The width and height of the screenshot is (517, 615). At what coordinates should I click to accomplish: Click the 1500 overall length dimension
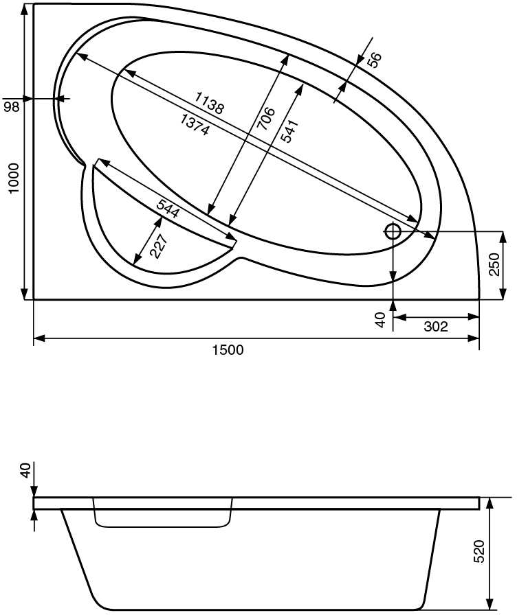pyautogui.click(x=228, y=349)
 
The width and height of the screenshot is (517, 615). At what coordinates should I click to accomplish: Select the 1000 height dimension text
pyautogui.click(x=14, y=178)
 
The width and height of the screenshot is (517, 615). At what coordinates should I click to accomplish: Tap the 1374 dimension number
pyautogui.click(x=195, y=125)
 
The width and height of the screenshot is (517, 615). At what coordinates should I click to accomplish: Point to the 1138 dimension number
pyautogui.click(x=210, y=103)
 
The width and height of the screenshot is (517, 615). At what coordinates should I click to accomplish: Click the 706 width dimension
pyautogui.click(x=266, y=119)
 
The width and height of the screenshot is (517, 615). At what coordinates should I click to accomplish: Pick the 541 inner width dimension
pyautogui.click(x=291, y=132)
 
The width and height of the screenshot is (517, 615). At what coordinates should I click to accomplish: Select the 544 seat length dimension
pyautogui.click(x=168, y=208)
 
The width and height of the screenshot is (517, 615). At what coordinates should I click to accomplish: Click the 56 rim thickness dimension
pyautogui.click(x=375, y=60)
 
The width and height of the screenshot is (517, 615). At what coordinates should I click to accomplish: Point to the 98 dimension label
pyautogui.click(x=12, y=106)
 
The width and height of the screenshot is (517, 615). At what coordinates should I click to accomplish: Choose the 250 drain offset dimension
pyautogui.click(x=494, y=264)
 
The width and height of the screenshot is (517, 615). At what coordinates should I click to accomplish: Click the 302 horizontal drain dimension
pyautogui.click(x=436, y=326)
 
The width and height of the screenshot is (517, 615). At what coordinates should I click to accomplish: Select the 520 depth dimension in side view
pyautogui.click(x=479, y=551)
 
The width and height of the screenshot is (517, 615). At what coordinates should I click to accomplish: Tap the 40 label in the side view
pyautogui.click(x=26, y=470)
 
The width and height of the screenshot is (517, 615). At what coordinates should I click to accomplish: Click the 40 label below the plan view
pyautogui.click(x=380, y=320)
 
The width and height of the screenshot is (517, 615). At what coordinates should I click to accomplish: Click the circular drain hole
pyautogui.click(x=393, y=231)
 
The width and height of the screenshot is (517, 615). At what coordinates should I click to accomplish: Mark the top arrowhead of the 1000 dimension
pyautogui.click(x=24, y=10)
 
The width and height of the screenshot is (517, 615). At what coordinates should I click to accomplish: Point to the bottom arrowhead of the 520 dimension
pyautogui.click(x=489, y=605)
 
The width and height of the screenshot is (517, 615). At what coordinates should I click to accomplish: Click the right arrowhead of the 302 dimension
pyautogui.click(x=474, y=317)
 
